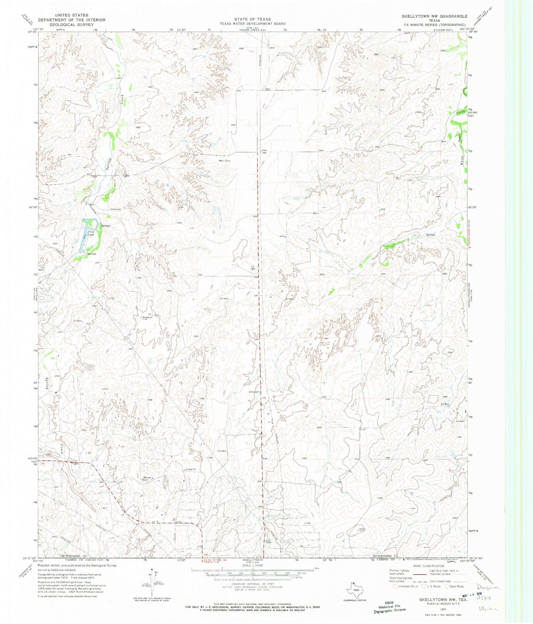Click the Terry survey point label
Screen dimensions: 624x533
(x=224, y=161)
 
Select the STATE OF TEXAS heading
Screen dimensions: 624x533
(x=253, y=19)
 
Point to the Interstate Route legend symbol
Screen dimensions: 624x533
(x=396, y=586)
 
